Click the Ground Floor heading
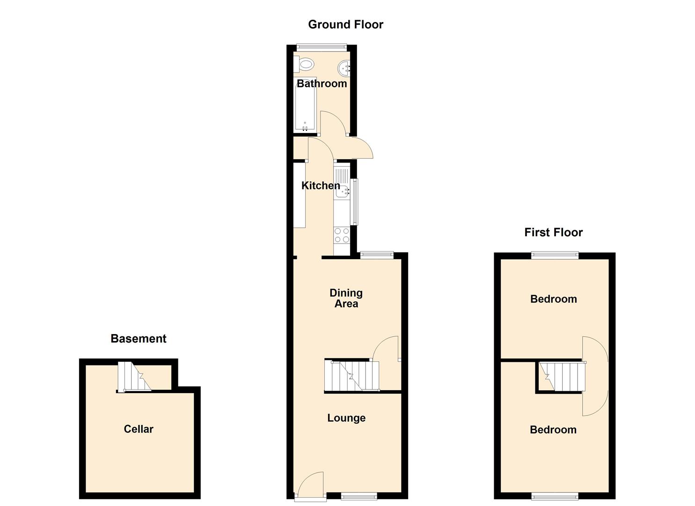click(346, 24)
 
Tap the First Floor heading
click(554, 232)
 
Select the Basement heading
click(139, 339)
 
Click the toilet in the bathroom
click(304, 65)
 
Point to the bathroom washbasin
click(344, 68)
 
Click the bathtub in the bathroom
click(305, 105)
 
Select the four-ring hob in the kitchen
click(342, 235)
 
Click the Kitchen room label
click(321, 186)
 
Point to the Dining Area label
click(346, 298)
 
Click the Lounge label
click(346, 418)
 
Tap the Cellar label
click(139, 429)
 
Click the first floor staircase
click(562, 377)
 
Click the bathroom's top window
click(322, 47)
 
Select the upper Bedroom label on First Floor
click(554, 299)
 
